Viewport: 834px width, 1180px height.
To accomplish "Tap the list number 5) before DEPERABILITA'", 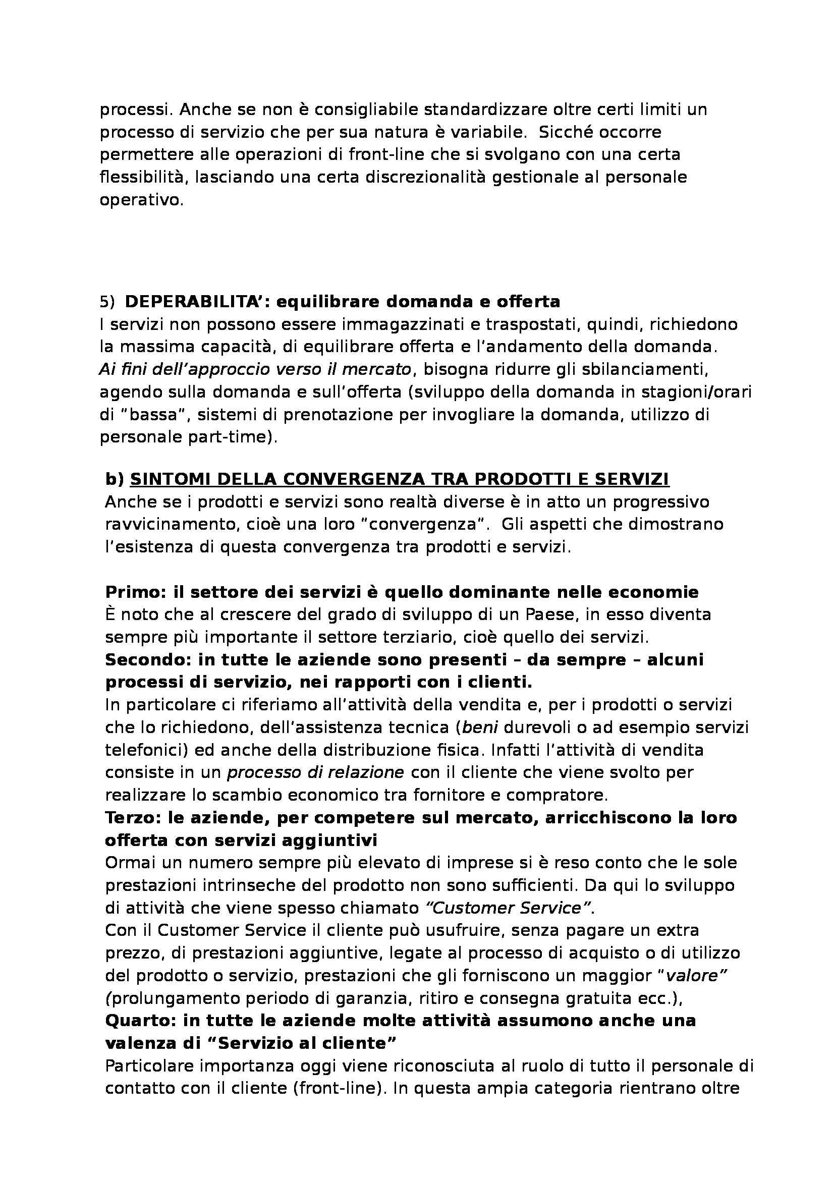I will tap(107, 302).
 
